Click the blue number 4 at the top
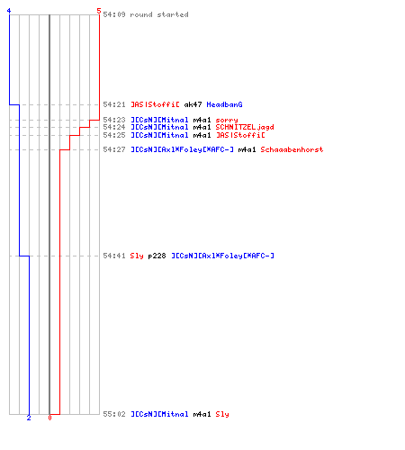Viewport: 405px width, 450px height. tap(9, 11)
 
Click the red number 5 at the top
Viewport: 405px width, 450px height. tap(99, 11)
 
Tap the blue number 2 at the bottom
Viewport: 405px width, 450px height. tap(29, 418)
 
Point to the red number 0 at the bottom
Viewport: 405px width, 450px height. tap(49, 418)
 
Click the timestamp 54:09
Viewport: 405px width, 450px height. tap(114, 14)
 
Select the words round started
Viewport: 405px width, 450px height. tap(159, 14)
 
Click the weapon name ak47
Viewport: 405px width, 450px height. tap(193, 104)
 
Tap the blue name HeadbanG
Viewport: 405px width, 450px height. tap(224, 104)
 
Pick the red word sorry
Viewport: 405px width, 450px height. tap(227, 120)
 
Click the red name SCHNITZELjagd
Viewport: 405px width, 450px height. tap(245, 127)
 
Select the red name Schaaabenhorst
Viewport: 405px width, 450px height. tap(292, 149)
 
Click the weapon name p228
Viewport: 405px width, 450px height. tap(157, 256)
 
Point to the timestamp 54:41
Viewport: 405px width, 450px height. tap(114, 256)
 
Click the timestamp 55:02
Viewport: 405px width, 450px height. tap(114, 414)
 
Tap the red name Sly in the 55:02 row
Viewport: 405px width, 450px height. tap(222, 414)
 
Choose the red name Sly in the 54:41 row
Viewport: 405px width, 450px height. tap(137, 256)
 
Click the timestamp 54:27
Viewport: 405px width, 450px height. tap(114, 149)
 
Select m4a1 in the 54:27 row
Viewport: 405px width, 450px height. tap(247, 149)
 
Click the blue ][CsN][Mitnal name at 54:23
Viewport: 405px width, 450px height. tap(159, 120)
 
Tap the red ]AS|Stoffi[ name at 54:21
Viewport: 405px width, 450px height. tap(155, 104)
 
